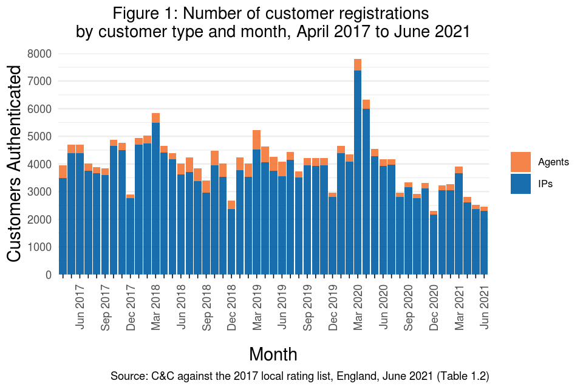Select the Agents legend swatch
pyautogui.click(x=520, y=162)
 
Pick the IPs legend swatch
pyautogui.click(x=520, y=184)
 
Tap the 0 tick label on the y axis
pyautogui.click(x=48, y=275)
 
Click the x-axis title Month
pyautogui.click(x=273, y=354)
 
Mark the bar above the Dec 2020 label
pyautogui.click(x=434, y=243)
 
